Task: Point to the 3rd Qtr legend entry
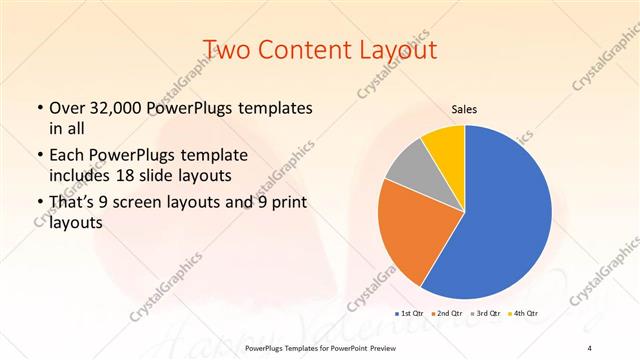486,313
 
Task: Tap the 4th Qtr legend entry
523,313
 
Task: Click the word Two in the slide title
226,49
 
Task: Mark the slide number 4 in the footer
590,347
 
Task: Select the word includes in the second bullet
83,174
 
